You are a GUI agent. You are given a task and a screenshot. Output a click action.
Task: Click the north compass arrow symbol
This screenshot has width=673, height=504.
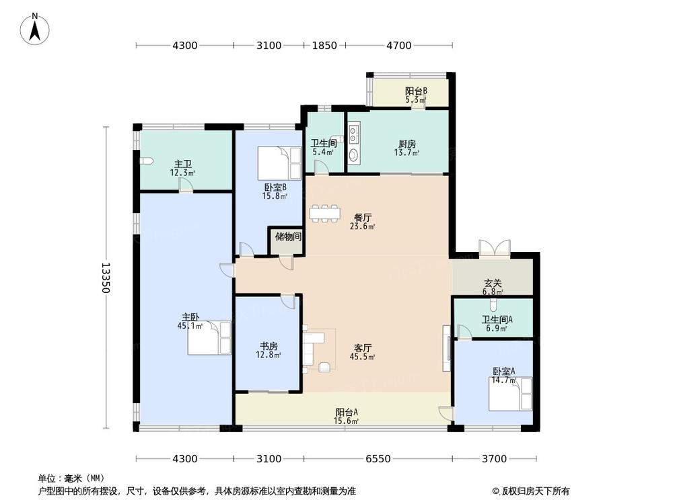point(38,29)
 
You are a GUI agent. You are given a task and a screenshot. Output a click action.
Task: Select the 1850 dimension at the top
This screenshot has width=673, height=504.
point(324,46)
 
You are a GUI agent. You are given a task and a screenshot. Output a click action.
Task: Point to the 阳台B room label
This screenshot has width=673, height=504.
point(416,91)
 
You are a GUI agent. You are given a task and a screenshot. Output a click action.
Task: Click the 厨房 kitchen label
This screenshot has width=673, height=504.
point(407,144)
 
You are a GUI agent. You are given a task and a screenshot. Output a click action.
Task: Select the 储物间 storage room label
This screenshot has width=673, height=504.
point(288,237)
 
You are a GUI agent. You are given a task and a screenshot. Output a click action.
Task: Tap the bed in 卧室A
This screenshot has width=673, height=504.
point(509,394)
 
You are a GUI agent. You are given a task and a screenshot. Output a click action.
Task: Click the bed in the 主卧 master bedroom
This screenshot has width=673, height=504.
point(209,338)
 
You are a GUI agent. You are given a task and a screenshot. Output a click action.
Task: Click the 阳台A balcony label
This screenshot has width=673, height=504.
point(347,413)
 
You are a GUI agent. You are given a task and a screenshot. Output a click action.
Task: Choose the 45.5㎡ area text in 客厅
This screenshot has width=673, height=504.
point(364,358)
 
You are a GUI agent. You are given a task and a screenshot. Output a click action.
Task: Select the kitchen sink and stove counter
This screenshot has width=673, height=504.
point(355,142)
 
